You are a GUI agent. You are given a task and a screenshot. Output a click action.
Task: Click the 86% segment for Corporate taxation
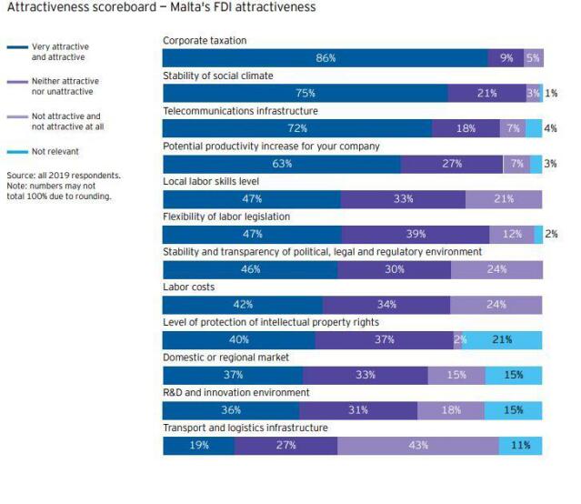point(326,58)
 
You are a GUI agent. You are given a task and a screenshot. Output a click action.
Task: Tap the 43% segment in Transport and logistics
point(418,446)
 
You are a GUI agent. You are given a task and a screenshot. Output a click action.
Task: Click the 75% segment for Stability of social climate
point(306,94)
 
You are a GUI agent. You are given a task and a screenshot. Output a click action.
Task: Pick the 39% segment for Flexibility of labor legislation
point(416,234)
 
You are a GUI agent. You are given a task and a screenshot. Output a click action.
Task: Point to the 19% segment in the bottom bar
point(199,446)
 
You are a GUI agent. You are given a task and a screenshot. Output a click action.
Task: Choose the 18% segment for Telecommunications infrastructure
point(466,128)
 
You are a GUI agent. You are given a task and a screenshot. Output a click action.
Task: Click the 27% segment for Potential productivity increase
point(452,164)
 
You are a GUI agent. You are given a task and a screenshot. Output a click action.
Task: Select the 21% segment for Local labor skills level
point(503,199)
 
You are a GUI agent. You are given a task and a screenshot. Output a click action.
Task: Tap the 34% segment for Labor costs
point(386,305)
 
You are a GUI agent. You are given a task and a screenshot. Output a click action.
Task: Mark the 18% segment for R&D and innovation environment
point(451,410)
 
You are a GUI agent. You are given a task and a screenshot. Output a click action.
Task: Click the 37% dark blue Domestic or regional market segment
point(233,375)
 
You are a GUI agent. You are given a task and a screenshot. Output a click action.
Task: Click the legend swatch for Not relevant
point(17,152)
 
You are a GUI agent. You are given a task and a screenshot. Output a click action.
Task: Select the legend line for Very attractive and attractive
point(17,47)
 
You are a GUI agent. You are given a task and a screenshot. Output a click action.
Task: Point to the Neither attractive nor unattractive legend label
point(65,87)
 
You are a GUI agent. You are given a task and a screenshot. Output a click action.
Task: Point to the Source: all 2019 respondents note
point(63,175)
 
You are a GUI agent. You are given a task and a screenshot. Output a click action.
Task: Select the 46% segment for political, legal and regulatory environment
point(250,269)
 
